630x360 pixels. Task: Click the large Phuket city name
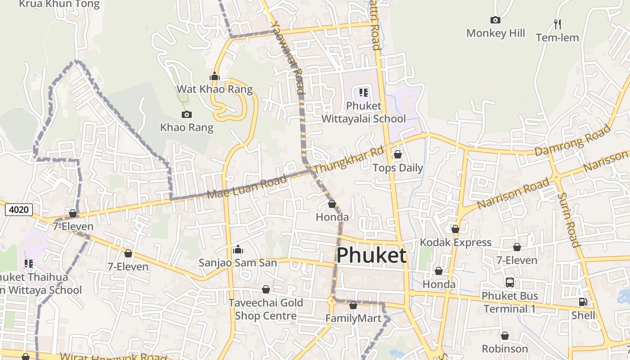[371, 255]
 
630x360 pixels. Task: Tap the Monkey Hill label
[495, 33]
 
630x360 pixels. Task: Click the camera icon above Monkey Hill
[495, 20]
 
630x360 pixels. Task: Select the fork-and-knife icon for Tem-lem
[557, 24]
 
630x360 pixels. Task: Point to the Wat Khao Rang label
[215, 89]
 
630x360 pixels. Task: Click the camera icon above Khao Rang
[186, 114]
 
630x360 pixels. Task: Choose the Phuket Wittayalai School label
[364, 112]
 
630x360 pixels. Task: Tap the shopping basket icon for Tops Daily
[398, 155]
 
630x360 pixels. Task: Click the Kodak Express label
[455, 243]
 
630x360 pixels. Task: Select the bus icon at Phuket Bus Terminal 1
[509, 283]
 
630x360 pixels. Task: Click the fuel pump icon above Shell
[583, 302]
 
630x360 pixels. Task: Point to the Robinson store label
[504, 349]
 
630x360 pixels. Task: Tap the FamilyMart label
[353, 319]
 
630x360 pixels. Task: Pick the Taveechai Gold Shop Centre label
[265, 309]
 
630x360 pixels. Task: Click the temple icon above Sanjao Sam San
[238, 249]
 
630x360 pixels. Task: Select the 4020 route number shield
[19, 209]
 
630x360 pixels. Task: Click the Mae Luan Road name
[247, 187]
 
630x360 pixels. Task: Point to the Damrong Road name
[572, 140]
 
